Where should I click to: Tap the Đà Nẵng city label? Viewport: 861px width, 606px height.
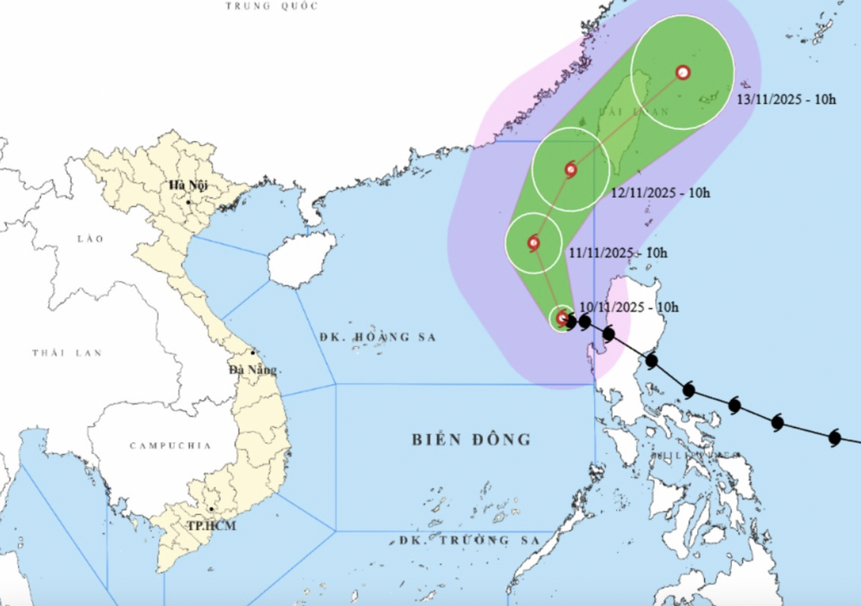click(252, 370)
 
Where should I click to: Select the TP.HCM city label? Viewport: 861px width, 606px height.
click(212, 527)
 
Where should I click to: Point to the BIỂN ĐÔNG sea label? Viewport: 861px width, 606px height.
click(472, 440)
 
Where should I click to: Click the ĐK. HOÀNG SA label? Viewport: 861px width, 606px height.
click(377, 337)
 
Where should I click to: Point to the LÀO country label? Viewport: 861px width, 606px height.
click(90, 240)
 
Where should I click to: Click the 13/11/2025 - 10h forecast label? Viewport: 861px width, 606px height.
click(786, 100)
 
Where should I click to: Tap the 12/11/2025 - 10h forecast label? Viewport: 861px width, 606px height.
click(660, 192)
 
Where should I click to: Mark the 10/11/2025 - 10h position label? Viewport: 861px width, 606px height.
click(630, 307)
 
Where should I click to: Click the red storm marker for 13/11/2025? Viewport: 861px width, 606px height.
click(683, 73)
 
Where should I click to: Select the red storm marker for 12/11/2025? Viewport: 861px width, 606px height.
click(571, 169)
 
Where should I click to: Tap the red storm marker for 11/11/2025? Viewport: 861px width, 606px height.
click(533, 243)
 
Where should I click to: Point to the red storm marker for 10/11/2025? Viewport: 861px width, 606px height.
click(563, 318)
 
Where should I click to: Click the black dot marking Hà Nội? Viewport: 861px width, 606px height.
click(188, 203)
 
